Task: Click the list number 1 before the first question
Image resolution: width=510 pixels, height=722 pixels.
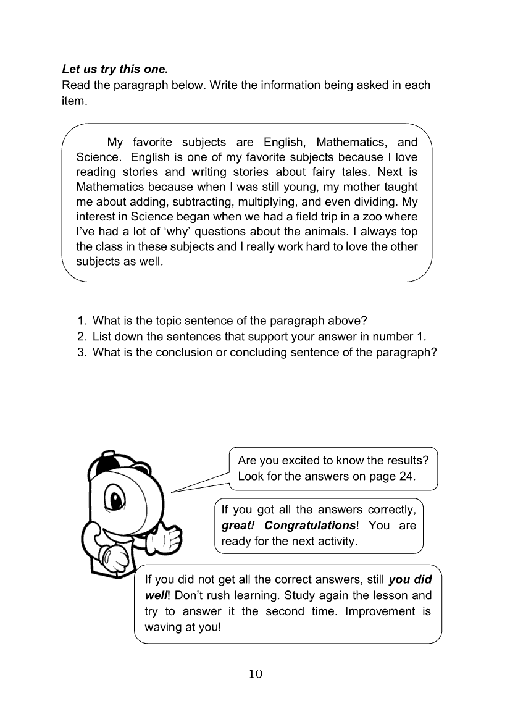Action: point(81,321)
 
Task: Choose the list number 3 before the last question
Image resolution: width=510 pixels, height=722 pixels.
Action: point(81,353)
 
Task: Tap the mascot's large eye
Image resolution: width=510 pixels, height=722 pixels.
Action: point(115,497)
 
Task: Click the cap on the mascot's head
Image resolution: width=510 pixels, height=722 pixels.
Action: point(104,460)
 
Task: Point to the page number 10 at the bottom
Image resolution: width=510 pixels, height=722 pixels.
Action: point(256,674)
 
